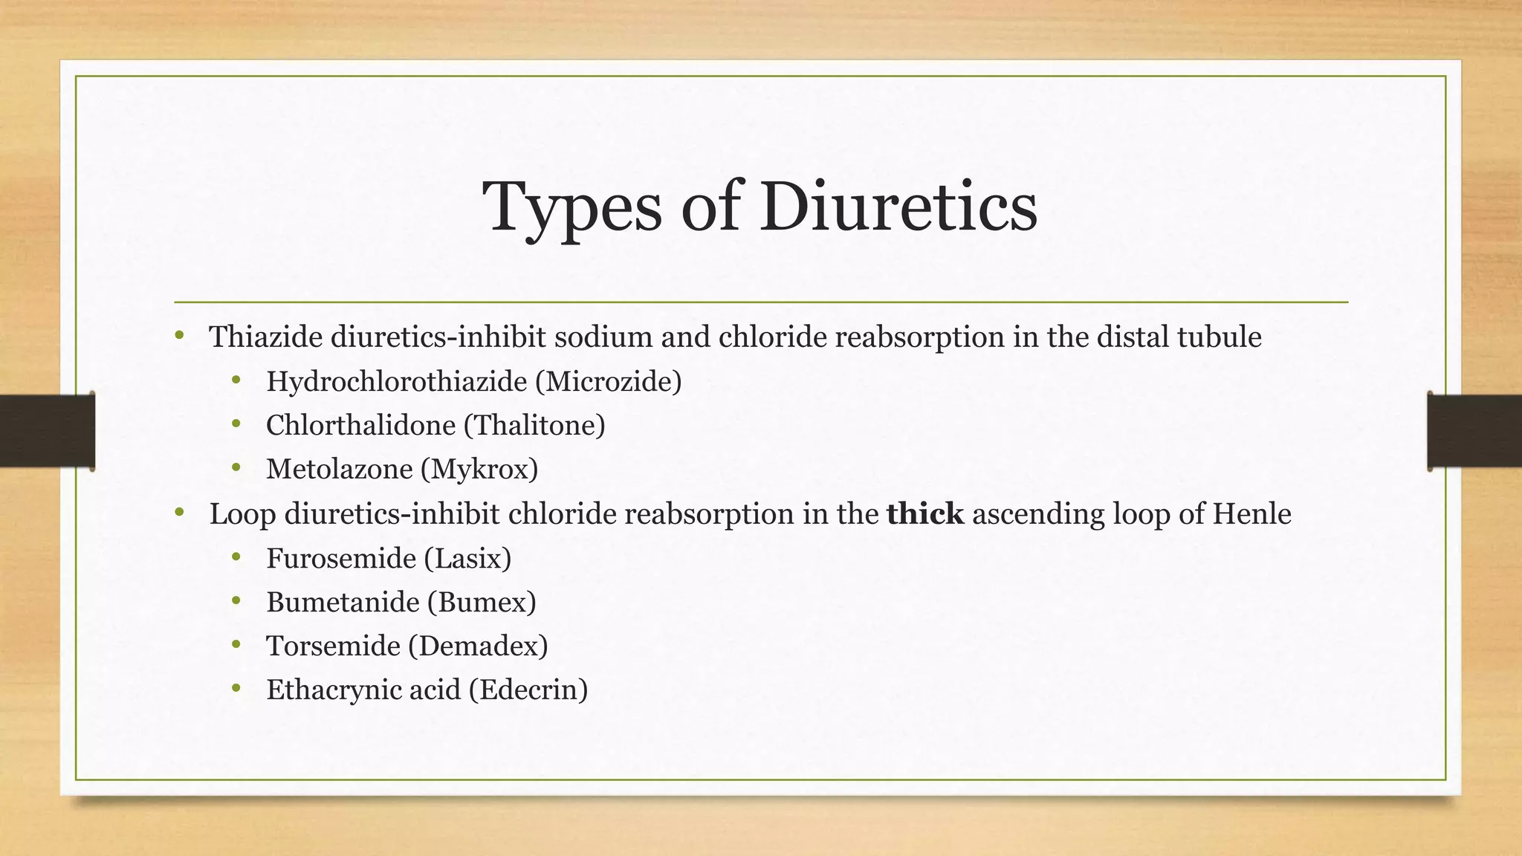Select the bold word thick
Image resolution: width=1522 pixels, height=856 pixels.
pos(925,514)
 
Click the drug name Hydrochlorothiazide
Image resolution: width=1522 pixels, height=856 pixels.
pos(396,382)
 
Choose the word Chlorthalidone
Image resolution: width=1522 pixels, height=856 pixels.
pos(360,426)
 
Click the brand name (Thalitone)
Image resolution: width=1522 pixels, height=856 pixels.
pos(534,426)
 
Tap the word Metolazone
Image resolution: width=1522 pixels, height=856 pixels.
pos(339,470)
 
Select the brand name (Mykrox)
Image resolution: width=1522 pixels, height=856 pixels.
pos(479,470)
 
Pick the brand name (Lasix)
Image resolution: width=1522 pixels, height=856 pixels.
pos(467,558)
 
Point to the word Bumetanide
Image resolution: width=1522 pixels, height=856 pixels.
pos(343,602)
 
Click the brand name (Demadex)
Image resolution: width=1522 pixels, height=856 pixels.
pos(478,646)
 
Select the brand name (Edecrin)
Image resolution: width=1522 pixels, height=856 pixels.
pos(528,690)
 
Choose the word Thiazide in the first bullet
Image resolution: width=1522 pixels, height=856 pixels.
pos(265,337)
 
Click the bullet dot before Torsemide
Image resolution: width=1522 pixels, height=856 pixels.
pos(236,643)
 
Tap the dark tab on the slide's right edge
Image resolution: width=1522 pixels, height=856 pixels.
pos(1474,432)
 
